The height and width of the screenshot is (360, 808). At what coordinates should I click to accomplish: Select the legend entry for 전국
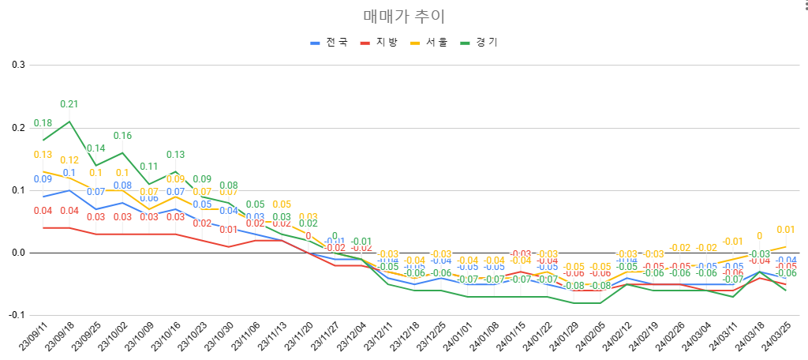coord(330,42)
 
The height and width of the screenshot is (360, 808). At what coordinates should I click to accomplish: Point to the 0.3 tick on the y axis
coord(17,65)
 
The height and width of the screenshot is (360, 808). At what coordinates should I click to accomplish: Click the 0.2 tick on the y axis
coord(17,127)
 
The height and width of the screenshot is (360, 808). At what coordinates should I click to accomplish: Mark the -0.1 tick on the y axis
coord(16,315)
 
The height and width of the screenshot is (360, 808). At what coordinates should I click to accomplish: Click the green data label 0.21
coord(69,104)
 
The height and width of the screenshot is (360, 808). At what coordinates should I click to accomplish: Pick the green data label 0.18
coord(43,123)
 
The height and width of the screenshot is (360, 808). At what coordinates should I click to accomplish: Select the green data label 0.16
coord(122,136)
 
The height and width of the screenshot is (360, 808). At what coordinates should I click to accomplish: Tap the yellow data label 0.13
coord(43,155)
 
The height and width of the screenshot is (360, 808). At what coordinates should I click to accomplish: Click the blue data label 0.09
coord(43,179)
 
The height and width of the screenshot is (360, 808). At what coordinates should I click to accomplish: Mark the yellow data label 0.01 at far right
coord(785,230)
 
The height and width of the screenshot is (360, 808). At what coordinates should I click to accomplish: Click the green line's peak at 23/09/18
coord(69,122)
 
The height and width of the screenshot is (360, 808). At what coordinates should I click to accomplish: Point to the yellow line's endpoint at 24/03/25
coord(785,246)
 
